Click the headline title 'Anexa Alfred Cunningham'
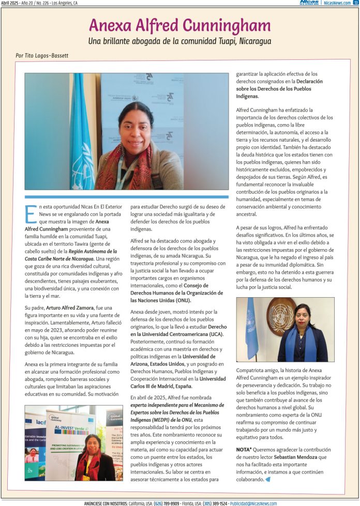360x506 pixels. pos(179,25)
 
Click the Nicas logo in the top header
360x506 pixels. pos(309,3)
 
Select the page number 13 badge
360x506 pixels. pos(356,3)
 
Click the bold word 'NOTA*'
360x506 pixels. pos(245,450)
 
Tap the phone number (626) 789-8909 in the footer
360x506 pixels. pos(169,503)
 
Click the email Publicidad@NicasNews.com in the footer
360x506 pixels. pos(253,503)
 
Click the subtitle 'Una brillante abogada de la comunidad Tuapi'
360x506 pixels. pos(179,41)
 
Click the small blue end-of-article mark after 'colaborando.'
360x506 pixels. pos(268,479)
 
